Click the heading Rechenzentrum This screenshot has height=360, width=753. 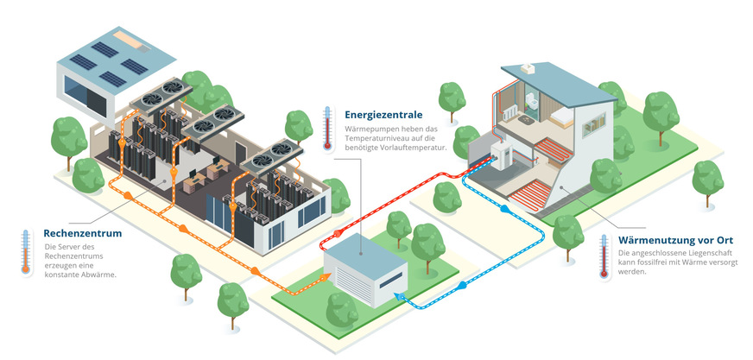[82, 233]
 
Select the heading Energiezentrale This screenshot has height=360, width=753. [383, 114]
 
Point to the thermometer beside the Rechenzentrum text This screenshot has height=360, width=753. [27, 251]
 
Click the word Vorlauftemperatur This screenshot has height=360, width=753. [415, 148]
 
